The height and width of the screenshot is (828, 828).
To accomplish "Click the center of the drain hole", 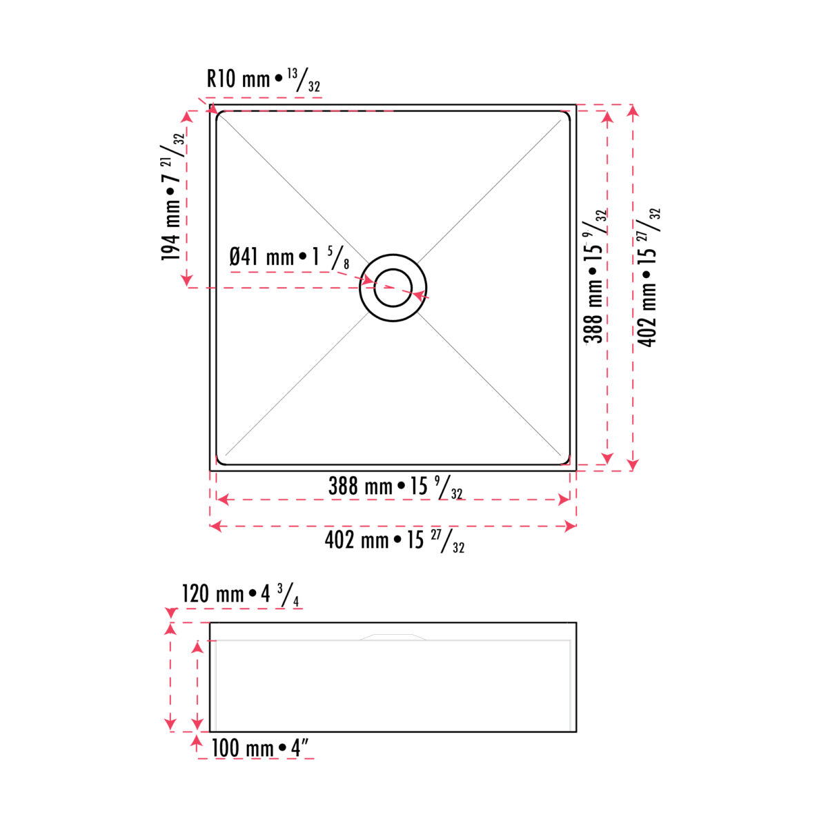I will coord(393,287).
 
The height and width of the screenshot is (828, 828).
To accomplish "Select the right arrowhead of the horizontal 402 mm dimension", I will coord(571,526).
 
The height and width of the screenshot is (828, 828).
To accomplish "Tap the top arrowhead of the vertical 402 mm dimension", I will coord(634,110).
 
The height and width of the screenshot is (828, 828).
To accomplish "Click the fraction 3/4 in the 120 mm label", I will coord(288,594).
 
